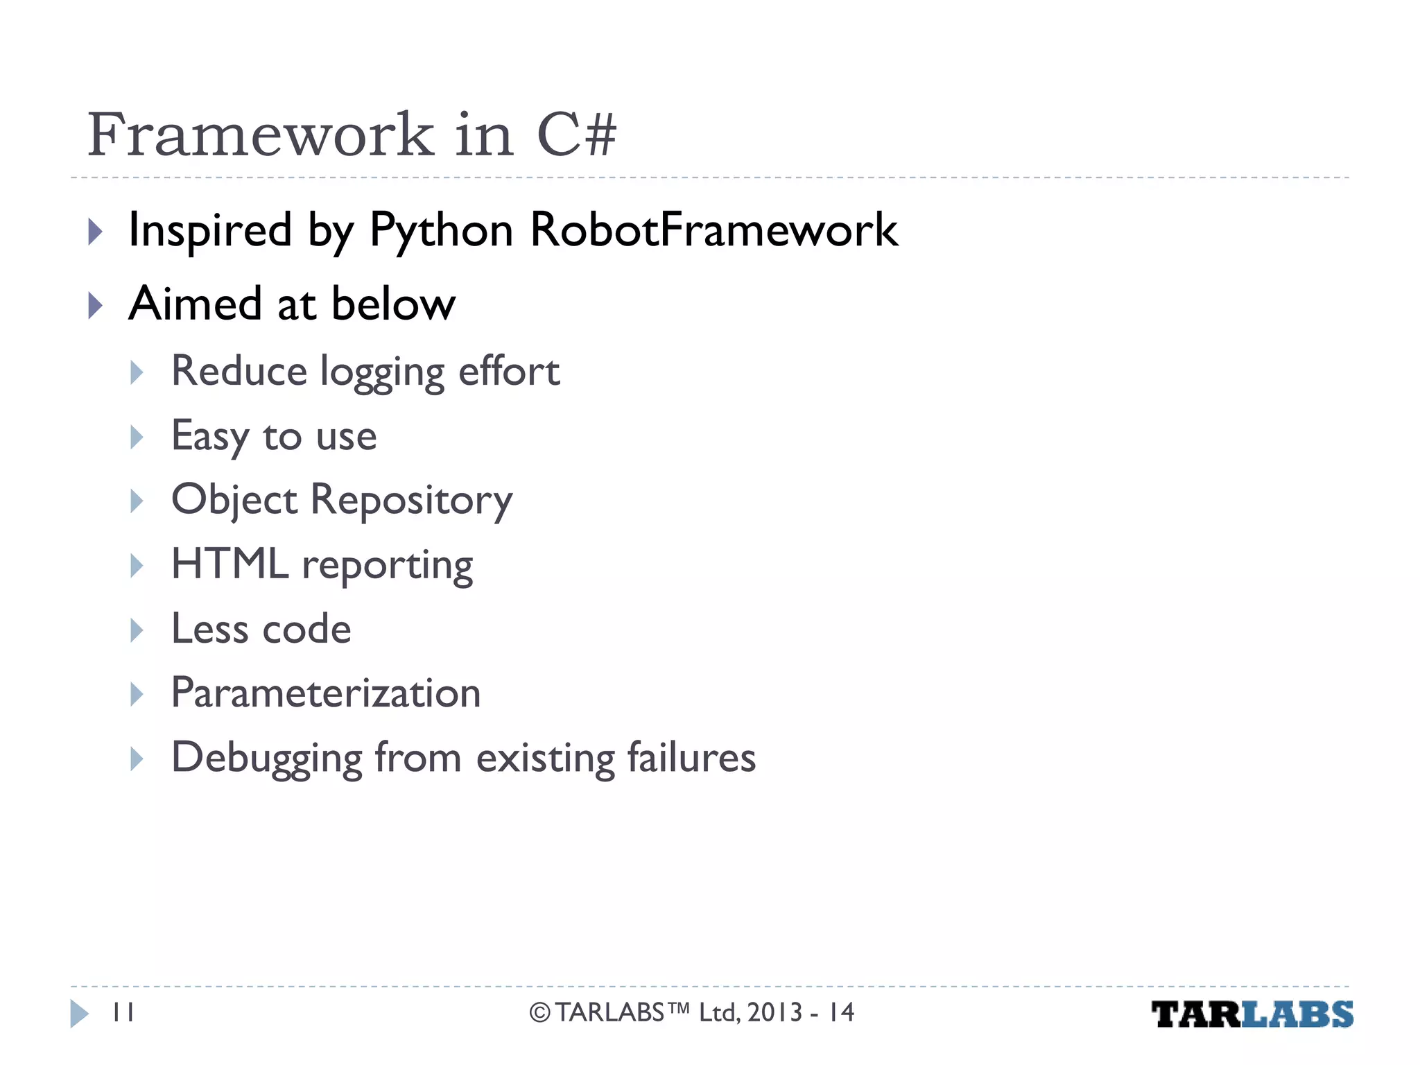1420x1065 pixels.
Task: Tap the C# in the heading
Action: coord(576,135)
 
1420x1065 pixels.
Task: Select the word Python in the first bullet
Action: coord(441,230)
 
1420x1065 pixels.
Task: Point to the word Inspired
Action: coord(210,230)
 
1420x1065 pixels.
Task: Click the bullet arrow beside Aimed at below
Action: coord(96,305)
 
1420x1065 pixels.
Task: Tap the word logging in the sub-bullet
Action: coord(382,372)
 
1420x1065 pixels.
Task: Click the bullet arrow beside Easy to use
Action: coord(137,437)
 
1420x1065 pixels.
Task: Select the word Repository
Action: coord(411,500)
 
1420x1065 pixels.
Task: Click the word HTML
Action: coord(230,564)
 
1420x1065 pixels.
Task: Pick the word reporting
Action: coord(388,566)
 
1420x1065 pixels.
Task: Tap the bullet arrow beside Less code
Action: coord(137,630)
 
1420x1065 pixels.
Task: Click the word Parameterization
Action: coord(326,693)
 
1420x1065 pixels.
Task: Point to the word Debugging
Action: coord(267,758)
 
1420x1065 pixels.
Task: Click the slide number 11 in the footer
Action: coord(123,1013)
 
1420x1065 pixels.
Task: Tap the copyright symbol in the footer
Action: coord(540,1013)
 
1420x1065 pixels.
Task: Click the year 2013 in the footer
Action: coord(774,1013)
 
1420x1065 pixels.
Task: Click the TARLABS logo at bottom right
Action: coord(1252,1014)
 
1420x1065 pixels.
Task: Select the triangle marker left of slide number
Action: coord(79,1014)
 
